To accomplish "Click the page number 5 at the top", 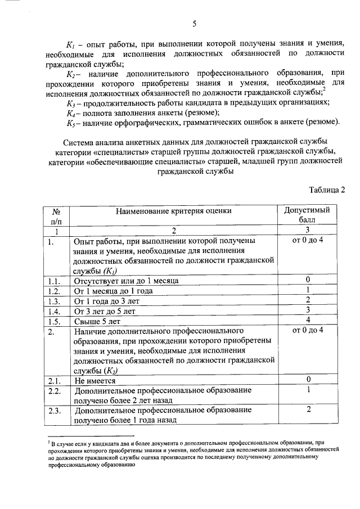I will pyautogui.click(x=194, y=23).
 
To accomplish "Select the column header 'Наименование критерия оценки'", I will pyautogui.click(x=174, y=211).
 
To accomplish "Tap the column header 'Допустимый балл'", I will pyautogui.click(x=308, y=215).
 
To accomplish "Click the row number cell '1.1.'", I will pyautogui.click(x=54, y=280).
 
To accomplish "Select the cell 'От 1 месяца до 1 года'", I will pyautogui.click(x=114, y=291).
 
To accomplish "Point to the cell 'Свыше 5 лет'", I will pyautogui.click(x=97, y=322).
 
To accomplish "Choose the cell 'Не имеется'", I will pyautogui.click(x=93, y=380).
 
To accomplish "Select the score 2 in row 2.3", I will pyautogui.click(x=308, y=409).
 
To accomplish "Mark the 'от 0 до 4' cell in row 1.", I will pyautogui.click(x=308, y=240).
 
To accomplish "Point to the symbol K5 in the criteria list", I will pyautogui.click(x=70, y=123).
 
